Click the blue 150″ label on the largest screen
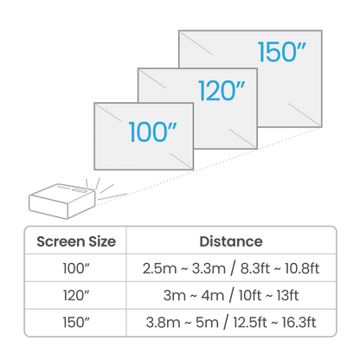pyautogui.click(x=281, y=52)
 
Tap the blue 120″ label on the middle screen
pyautogui.click(x=222, y=91)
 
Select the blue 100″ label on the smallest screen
pyautogui.click(x=152, y=132)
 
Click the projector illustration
pyautogui.click(x=62, y=201)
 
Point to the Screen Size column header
pyautogui.click(x=76, y=241)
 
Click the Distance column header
pyautogui.click(x=231, y=241)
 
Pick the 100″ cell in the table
pyautogui.click(x=76, y=268)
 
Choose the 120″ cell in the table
pyautogui.click(x=76, y=295)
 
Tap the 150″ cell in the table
pyautogui.click(x=76, y=322)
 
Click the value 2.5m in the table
pyautogui.click(x=159, y=268)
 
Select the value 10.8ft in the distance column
pyautogui.click(x=302, y=268)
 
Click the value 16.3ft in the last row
pyautogui.click(x=299, y=322)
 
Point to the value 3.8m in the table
pyautogui.click(x=163, y=323)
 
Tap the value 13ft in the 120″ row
pyautogui.click(x=287, y=295)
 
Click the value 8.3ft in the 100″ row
pyautogui.click(x=255, y=268)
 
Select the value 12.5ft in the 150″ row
pyautogui.click(x=250, y=322)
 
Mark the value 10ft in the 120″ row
pyautogui.click(x=250, y=295)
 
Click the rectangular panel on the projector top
pyautogui.click(x=79, y=190)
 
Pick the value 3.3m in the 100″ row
pyautogui.click(x=209, y=268)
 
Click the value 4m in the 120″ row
pyautogui.click(x=213, y=295)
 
